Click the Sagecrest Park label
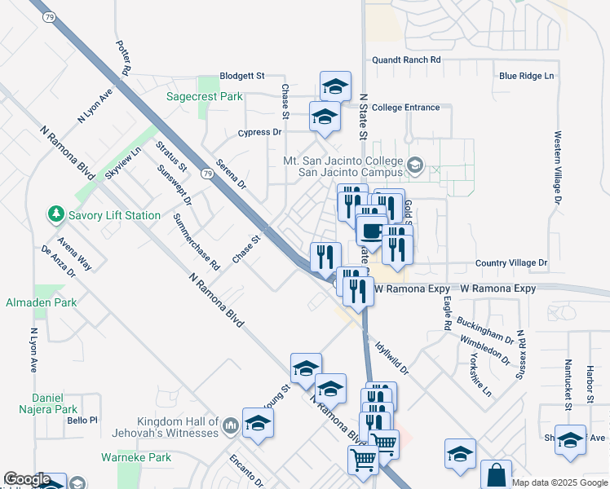coord(205,96)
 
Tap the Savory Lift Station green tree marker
coord(56,214)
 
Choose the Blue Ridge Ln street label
coord(526,76)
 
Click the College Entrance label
coord(405,108)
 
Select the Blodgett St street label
coord(243,76)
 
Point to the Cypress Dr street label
coord(259,132)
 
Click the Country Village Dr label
coord(511,263)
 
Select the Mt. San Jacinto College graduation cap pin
coord(414,166)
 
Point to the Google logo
coord(27,479)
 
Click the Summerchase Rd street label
coord(197,242)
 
